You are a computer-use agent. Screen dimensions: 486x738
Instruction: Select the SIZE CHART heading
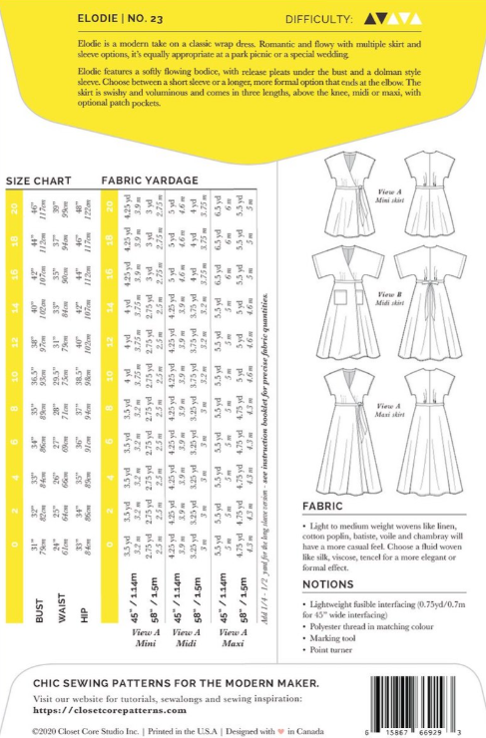point(38,181)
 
